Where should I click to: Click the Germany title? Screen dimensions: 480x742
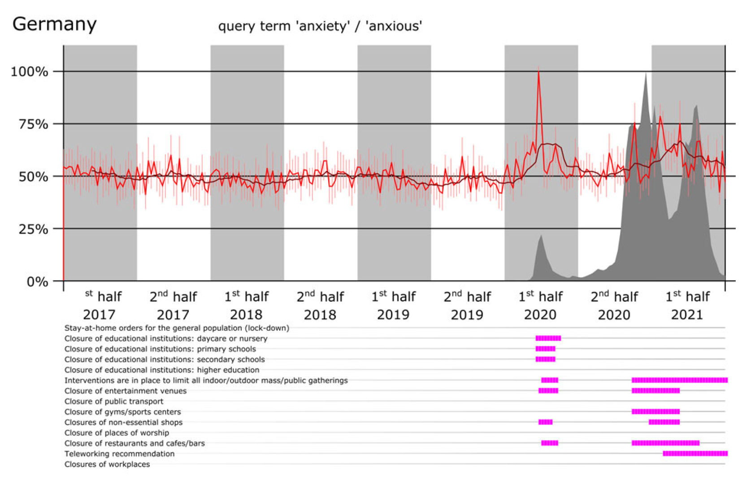[x=54, y=24]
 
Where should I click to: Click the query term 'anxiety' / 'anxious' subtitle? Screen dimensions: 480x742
[x=320, y=26]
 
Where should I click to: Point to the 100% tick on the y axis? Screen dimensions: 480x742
[x=29, y=72]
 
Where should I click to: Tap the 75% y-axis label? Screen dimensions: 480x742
[x=33, y=124]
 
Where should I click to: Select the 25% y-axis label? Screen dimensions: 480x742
[x=33, y=229]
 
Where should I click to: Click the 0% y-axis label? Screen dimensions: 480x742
[x=37, y=282]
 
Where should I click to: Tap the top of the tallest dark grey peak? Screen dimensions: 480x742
[x=645, y=74]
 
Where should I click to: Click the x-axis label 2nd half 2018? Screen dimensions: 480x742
[x=320, y=305]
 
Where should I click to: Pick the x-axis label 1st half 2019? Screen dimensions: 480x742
[x=393, y=305]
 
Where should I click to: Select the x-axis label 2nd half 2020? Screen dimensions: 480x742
[x=614, y=305]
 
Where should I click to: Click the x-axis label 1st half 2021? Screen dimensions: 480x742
[x=687, y=305]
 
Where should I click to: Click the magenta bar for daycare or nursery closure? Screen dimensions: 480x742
[x=548, y=339]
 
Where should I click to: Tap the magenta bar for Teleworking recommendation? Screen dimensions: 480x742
[x=695, y=454]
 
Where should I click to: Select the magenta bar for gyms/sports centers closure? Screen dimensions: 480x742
[x=655, y=411]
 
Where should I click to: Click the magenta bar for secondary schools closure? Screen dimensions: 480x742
[x=545, y=359]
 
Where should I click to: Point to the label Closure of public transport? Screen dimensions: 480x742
[x=114, y=401]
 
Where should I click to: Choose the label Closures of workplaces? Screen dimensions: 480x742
[x=107, y=464]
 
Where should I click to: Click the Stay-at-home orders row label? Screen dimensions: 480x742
[x=177, y=328]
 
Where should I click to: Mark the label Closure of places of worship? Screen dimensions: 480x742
[x=117, y=433]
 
